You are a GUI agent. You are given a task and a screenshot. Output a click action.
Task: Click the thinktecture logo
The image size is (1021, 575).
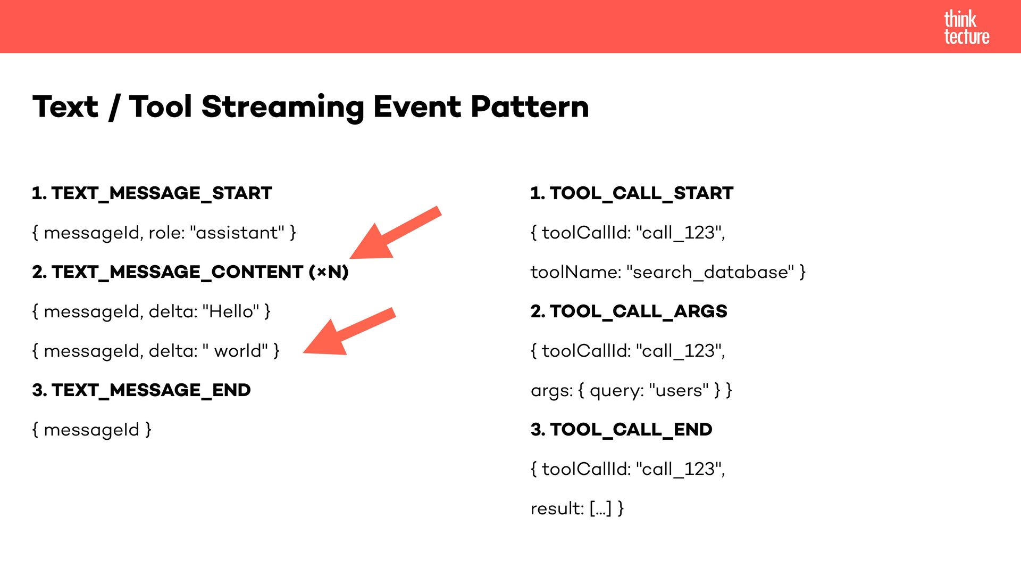966,28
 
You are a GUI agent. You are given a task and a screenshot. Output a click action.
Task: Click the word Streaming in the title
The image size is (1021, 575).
283,107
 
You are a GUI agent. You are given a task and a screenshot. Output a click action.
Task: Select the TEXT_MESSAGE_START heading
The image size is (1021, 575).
152,193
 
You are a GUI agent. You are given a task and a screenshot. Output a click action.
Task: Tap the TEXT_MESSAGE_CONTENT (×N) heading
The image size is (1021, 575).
190,272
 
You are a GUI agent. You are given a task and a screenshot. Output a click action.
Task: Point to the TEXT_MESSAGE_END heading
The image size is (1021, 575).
141,390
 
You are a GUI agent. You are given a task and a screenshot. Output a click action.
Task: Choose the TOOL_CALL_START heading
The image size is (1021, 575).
632,193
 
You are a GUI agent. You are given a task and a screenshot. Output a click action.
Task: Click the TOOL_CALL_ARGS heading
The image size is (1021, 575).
629,311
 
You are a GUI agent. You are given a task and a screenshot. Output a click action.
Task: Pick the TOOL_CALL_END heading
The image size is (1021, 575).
621,430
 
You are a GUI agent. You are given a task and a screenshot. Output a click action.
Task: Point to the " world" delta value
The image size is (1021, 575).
235,351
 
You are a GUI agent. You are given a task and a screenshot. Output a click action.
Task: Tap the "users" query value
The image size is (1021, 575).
679,390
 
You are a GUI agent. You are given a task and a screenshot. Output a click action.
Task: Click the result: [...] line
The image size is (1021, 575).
577,508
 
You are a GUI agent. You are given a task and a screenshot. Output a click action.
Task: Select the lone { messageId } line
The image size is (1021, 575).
91,430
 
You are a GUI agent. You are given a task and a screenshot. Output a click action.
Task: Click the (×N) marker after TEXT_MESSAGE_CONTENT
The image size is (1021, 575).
329,272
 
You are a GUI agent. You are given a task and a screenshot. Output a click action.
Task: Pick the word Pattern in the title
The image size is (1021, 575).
530,107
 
